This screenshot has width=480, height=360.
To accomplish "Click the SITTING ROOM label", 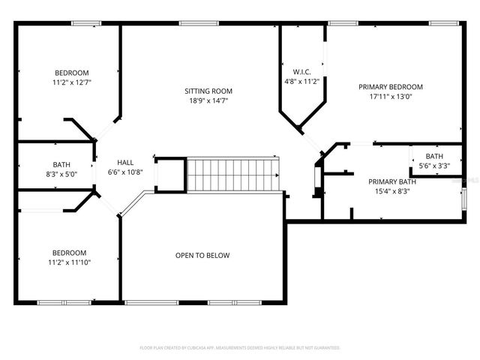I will point(208,91).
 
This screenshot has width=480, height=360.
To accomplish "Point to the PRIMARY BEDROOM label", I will point(390,87).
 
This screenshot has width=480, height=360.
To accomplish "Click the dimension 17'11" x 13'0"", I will point(390,96).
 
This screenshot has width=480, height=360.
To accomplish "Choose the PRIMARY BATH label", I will point(391,181).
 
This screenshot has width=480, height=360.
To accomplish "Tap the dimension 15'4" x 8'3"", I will point(391,190).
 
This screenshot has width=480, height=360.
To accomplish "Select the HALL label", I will point(125,162).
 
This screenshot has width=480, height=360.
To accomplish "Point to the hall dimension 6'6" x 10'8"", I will point(125,171).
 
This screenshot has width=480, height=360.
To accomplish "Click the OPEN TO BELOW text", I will point(202,256).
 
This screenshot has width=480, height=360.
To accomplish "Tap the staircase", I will point(232,174).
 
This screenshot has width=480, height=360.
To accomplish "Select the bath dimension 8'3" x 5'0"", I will point(61,174).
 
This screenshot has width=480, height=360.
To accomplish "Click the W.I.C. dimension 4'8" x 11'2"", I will point(302,81).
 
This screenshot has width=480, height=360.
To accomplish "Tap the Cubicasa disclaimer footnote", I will point(240,348).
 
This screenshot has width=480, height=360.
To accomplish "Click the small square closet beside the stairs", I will point(170,175).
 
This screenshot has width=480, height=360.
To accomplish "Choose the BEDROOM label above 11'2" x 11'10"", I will point(69,253).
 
